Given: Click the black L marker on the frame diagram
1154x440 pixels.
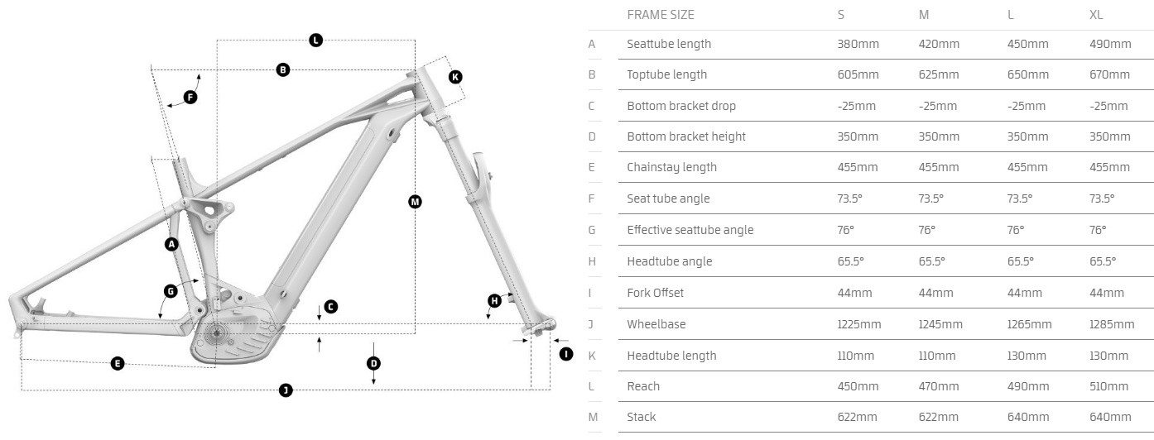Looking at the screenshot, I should point(315,40).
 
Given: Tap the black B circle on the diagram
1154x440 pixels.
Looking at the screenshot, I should point(283,70).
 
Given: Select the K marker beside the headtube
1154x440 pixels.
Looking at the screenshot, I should point(455,77).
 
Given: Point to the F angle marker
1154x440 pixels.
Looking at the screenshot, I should point(190,98).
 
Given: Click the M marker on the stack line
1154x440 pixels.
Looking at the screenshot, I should point(415,201).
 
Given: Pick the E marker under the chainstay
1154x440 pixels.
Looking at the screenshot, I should point(118,363).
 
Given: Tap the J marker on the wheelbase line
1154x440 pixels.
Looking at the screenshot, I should point(286,390).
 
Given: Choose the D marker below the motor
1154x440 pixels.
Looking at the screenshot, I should point(373,363).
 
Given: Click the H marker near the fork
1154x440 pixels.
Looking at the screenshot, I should point(494,301).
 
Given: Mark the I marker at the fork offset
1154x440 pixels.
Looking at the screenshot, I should point(566,354).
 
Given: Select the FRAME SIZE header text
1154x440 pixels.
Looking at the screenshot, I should point(661,14).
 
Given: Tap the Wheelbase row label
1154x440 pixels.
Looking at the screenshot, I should point(656,324).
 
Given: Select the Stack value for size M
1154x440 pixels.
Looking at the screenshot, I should point(939,417).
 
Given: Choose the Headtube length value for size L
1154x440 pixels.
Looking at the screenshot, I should point(1027,356).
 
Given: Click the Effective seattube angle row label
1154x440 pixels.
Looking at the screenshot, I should point(690,230).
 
